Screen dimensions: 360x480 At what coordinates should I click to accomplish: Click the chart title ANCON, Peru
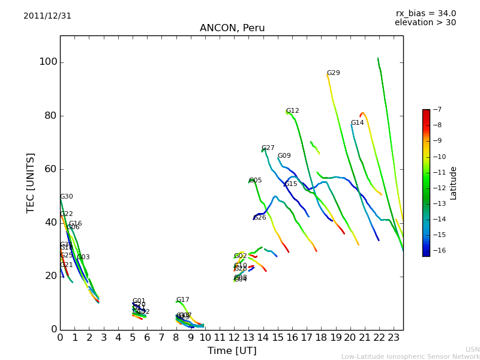pos(232,28)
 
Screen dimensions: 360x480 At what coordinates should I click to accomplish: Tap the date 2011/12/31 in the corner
pos(47,16)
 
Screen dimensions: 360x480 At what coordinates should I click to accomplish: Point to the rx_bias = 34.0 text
pos(425,14)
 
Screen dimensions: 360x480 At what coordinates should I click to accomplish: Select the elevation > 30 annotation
pos(425,23)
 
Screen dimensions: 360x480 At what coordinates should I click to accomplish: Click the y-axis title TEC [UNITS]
pos(31,182)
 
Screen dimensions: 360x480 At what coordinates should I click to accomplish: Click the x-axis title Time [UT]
pos(232,351)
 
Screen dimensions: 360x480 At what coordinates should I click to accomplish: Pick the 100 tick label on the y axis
pos(48,62)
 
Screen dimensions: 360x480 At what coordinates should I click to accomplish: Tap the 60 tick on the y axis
pos(50,169)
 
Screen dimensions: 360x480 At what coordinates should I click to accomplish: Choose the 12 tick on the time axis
pos(234,337)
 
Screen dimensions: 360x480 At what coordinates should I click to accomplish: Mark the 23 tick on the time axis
pos(394,337)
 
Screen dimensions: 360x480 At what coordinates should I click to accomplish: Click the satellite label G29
pos(333,73)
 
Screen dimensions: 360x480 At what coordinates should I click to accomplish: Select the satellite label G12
pos(292,111)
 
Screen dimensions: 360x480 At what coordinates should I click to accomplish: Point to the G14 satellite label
pos(357,123)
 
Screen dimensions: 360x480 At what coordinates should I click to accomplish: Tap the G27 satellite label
pos(268,148)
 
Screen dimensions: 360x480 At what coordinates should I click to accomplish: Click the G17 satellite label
pos(182,300)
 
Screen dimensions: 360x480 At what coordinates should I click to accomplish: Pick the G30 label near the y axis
pos(66,197)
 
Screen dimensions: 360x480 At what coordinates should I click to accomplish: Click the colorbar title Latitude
pos(454,183)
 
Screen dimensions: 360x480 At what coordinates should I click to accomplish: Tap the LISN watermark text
pos(472,349)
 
